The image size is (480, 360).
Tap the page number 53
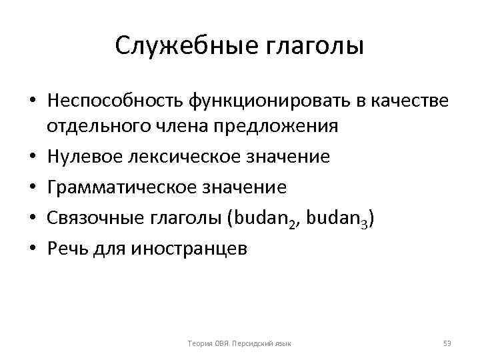447,343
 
